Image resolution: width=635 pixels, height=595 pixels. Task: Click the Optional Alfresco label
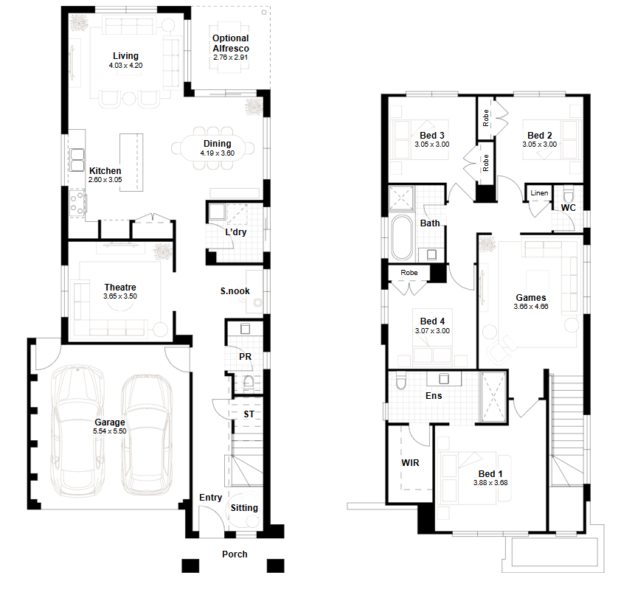pyautogui.click(x=230, y=44)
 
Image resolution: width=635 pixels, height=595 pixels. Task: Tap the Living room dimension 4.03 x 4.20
pyautogui.click(x=125, y=66)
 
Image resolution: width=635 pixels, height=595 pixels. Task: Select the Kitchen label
pyautogui.click(x=105, y=171)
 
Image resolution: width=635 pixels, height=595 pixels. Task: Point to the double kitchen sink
pyautogui.click(x=77, y=160)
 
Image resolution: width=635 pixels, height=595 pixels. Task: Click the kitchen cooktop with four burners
pyautogui.click(x=77, y=202)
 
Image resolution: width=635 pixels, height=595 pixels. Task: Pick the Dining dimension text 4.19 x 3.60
pyautogui.click(x=217, y=153)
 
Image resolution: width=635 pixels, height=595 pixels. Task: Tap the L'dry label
pyautogui.click(x=236, y=232)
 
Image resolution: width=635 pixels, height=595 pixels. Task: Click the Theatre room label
pyautogui.click(x=120, y=288)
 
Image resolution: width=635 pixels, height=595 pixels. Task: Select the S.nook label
pyautogui.click(x=235, y=291)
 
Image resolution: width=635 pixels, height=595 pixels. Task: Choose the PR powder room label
pyautogui.click(x=245, y=357)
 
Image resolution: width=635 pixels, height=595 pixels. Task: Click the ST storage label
pyautogui.click(x=249, y=414)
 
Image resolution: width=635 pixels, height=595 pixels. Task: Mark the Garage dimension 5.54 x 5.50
pyautogui.click(x=109, y=431)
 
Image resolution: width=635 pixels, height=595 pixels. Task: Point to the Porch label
pyautogui.click(x=235, y=554)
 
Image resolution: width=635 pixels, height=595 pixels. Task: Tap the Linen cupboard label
pyautogui.click(x=539, y=193)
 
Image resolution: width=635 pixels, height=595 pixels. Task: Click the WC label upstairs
pyautogui.click(x=568, y=208)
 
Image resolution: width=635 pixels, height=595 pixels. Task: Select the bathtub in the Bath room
pyautogui.click(x=401, y=237)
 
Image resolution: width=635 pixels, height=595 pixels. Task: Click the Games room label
pyautogui.click(x=530, y=298)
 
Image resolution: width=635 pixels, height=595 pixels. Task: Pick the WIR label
pyautogui.click(x=410, y=462)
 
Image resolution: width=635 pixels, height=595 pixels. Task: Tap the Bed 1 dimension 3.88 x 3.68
pyautogui.click(x=490, y=483)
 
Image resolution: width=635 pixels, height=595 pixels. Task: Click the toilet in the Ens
pyautogui.click(x=401, y=381)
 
